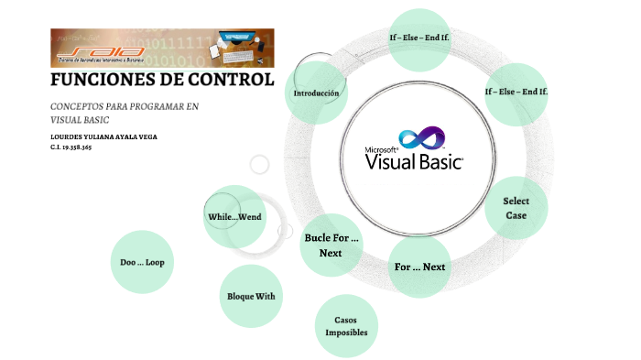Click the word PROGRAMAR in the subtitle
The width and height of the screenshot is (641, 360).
(156, 107)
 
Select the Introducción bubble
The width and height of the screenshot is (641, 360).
(316, 93)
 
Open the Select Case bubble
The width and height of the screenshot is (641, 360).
(516, 208)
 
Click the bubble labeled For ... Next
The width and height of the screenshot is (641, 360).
(419, 267)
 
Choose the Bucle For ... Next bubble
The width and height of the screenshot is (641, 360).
(331, 245)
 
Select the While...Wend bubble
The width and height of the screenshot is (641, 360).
(234, 217)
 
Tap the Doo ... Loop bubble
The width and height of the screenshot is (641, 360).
(142, 262)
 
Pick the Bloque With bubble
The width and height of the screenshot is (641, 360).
(251, 296)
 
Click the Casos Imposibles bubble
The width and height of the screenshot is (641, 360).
(346, 326)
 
